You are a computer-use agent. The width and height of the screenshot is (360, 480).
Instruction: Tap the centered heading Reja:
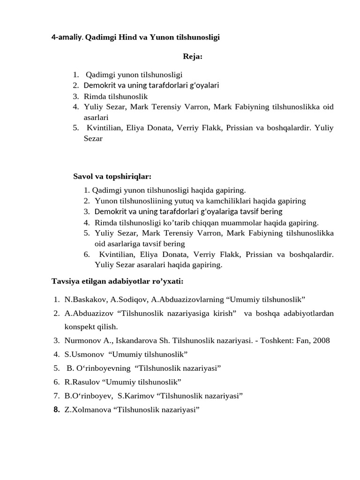[192, 57]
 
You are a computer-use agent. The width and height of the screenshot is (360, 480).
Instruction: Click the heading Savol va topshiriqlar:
[112, 176]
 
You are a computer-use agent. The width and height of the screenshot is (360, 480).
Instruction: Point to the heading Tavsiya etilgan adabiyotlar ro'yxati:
[117, 281]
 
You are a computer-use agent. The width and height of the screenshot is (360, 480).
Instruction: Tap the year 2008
[321, 340]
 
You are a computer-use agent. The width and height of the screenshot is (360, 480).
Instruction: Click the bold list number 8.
[56, 410]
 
